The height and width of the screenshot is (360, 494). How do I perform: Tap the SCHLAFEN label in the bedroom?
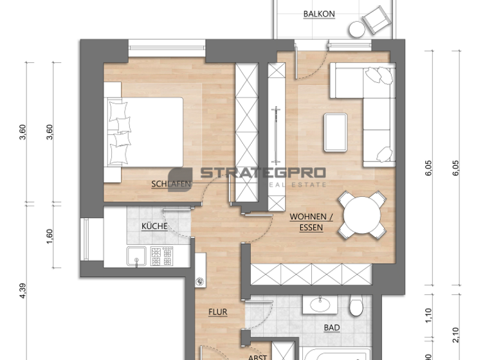pyautogui.click(x=170, y=184)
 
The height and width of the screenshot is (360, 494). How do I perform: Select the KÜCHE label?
pyautogui.click(x=154, y=226)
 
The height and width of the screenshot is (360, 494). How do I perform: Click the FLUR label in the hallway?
pyautogui.click(x=217, y=312)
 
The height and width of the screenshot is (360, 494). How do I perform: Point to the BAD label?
pyautogui.click(x=332, y=328)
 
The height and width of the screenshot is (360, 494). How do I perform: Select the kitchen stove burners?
pyautogui.click(x=163, y=256)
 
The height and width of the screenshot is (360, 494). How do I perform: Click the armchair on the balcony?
pyautogui.click(x=376, y=21)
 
